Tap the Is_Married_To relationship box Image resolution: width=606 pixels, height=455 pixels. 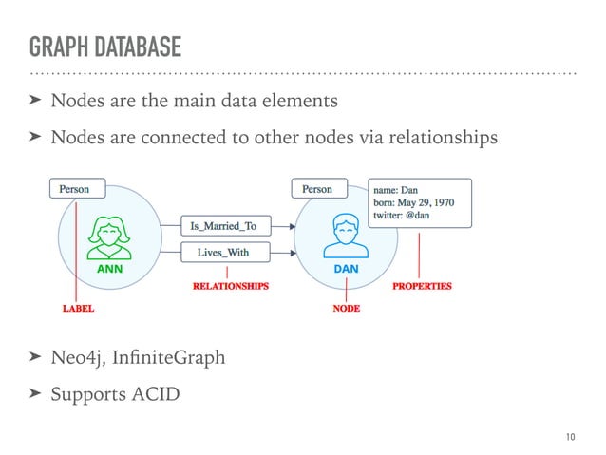point(225,226)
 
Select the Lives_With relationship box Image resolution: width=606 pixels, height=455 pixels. point(225,253)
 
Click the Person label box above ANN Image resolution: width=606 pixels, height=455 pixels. point(75,189)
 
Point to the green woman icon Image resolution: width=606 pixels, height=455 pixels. point(111,239)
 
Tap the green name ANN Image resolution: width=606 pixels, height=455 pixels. point(111,270)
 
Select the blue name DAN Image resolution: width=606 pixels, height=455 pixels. point(346,270)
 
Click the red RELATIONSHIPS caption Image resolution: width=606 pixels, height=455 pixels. point(231,285)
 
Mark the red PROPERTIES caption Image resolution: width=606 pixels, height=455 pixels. point(422,285)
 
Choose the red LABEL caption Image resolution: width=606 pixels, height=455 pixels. point(79,309)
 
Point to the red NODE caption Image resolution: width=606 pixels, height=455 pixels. point(346,309)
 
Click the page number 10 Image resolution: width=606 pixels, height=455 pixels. point(569,436)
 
